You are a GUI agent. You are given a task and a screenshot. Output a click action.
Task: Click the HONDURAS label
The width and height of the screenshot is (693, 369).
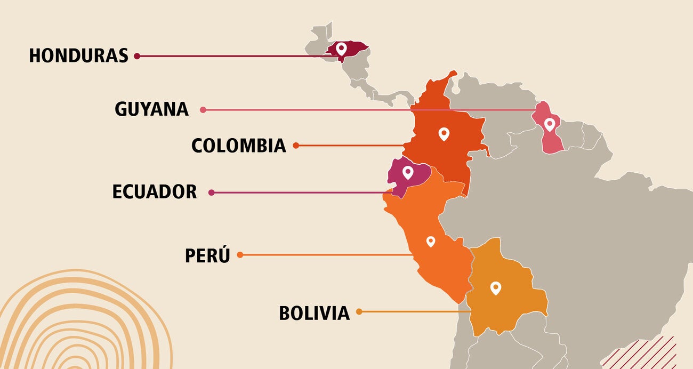click(78, 55)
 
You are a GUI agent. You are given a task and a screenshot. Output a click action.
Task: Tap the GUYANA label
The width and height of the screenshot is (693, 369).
click(151, 109)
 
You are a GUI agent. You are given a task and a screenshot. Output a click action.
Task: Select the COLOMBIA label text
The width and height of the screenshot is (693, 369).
click(238, 146)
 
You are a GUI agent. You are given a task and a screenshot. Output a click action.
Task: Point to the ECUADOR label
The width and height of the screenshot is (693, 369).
click(154, 192)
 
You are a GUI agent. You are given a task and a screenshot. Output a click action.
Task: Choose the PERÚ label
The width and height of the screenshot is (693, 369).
click(207, 255)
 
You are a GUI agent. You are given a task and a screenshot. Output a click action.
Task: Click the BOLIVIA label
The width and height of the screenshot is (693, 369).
click(314, 312)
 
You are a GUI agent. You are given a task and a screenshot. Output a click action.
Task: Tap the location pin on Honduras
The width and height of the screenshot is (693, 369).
click(341, 49)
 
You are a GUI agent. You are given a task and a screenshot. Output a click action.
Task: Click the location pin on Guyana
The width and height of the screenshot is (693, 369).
click(549, 125)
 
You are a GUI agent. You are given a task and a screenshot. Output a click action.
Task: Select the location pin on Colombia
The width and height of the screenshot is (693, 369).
click(444, 133)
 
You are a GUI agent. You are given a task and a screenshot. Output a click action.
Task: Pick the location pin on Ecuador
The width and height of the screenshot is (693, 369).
click(408, 172)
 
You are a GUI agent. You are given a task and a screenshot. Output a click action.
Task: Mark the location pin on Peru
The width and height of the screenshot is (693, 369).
click(431, 241)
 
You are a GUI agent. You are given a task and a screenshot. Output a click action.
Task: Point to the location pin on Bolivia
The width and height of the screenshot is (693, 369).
click(496, 288)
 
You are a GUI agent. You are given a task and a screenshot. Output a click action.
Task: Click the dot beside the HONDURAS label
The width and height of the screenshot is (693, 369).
click(137, 55)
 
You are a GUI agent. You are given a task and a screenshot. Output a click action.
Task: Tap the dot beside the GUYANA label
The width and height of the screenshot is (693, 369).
click(203, 110)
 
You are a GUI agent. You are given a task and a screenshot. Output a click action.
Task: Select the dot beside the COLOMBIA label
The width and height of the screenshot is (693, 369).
click(296, 145)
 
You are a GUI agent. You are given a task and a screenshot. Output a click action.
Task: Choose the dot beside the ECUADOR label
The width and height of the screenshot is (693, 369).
click(212, 192)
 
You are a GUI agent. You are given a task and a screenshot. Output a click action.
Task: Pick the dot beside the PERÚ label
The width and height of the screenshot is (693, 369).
click(240, 255)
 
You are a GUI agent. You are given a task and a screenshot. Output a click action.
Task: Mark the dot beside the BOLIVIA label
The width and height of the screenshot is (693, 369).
click(359, 311)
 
